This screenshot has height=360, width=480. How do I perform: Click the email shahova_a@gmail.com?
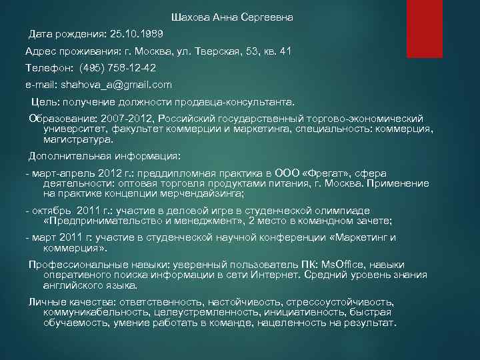116,85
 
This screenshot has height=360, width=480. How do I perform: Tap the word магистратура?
77,140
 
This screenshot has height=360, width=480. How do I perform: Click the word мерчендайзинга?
205,193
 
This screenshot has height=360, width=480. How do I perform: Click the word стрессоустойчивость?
341,302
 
